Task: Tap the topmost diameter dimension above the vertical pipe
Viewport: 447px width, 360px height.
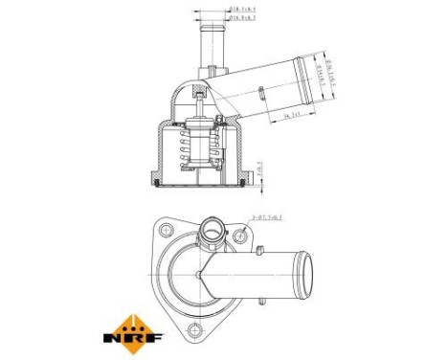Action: [x=241, y=10]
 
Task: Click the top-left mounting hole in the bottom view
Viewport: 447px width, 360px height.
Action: [x=165, y=230]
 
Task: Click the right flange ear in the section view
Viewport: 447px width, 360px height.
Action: [x=256, y=179]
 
